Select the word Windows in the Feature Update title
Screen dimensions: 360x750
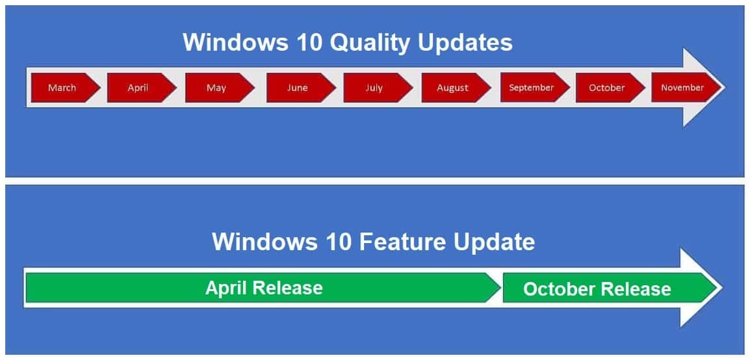(x=262, y=242)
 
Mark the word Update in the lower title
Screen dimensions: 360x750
(x=494, y=242)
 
